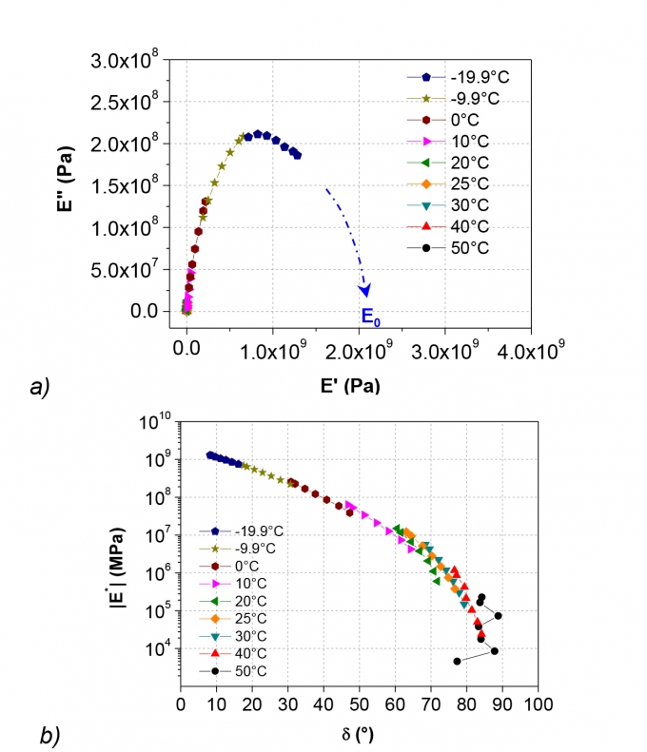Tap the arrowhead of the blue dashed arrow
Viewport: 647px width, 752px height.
pos(364,290)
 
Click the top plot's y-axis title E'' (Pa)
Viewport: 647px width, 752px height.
pos(90,186)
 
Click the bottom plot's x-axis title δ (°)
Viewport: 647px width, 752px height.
pos(359,735)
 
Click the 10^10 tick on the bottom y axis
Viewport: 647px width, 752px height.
pos(155,419)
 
